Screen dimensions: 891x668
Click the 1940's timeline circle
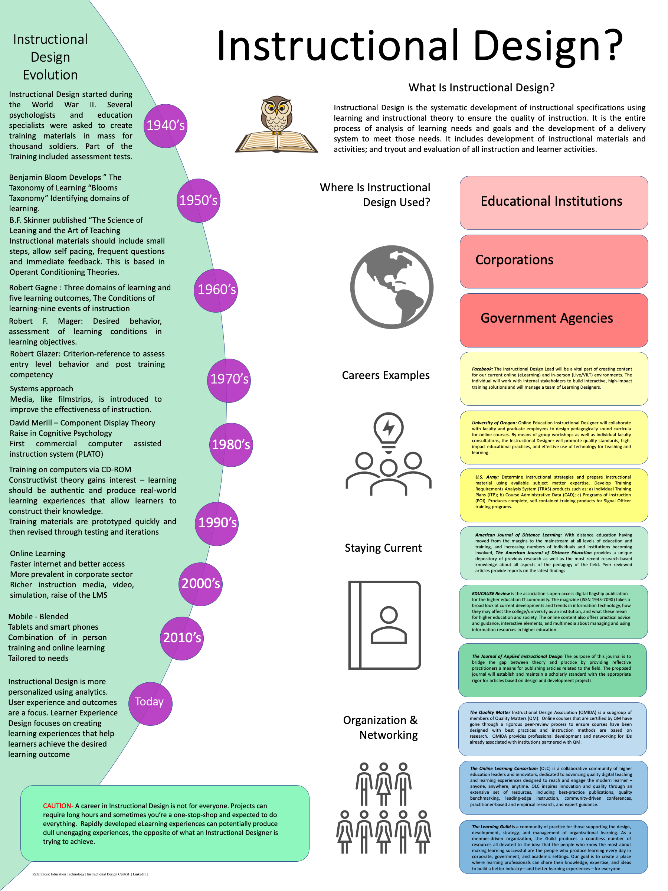(x=165, y=126)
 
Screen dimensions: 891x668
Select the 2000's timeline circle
(x=200, y=584)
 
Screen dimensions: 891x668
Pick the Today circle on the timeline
(x=150, y=703)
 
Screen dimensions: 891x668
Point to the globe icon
(x=392, y=287)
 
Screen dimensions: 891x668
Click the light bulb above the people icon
(x=388, y=428)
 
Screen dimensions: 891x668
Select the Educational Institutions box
(x=553, y=203)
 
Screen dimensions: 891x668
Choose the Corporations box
(x=553, y=261)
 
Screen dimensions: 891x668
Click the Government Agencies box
(x=553, y=320)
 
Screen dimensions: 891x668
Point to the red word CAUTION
(x=58, y=806)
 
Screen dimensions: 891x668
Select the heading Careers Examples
(x=385, y=375)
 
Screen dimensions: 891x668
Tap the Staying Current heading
(x=383, y=548)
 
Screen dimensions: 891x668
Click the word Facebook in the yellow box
(x=482, y=369)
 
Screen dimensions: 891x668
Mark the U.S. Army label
(x=487, y=477)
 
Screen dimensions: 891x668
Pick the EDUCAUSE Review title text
(x=491, y=593)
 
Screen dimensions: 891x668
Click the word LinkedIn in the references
(x=139, y=874)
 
